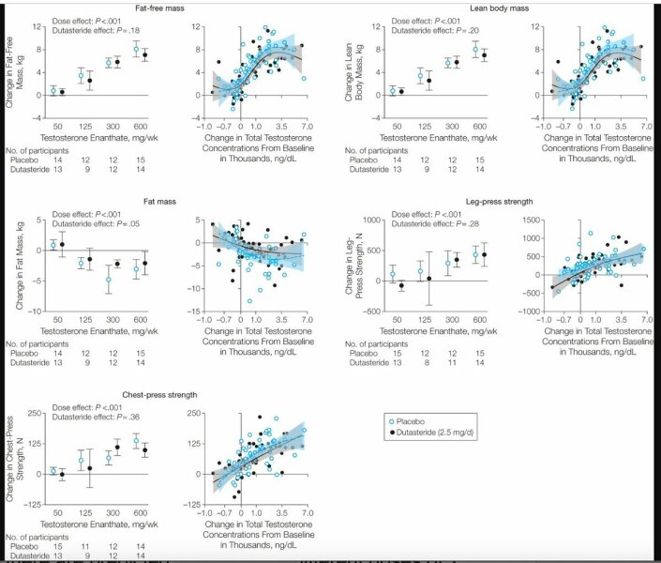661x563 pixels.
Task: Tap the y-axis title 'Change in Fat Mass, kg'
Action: (10, 266)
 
